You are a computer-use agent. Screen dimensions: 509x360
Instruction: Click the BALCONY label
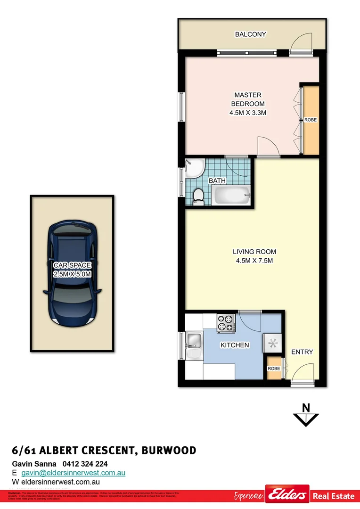(251, 34)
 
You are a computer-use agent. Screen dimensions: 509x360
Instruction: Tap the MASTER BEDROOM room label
(247, 104)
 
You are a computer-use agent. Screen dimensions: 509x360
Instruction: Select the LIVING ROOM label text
(254, 256)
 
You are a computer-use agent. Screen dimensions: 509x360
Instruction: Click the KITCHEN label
(235, 345)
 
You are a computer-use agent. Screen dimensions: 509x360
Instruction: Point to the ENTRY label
(302, 352)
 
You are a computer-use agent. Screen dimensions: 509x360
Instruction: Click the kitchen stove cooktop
(225, 323)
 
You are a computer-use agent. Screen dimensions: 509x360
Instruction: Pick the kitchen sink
(194, 340)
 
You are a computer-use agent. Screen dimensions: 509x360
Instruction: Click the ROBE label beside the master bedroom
(310, 120)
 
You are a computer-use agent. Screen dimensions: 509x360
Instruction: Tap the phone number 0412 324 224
(85, 464)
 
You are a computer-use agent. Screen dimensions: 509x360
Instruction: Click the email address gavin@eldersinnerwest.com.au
(73, 473)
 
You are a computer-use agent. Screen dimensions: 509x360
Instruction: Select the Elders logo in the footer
(287, 496)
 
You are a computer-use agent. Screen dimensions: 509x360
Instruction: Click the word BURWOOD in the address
(168, 451)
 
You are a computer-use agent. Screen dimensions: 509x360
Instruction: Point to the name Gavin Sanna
(34, 464)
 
